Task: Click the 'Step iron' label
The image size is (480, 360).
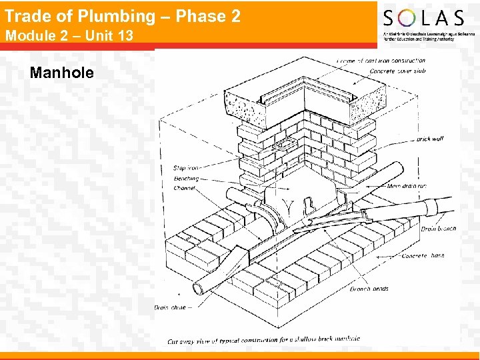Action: pos(185,169)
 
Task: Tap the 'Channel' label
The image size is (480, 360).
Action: pos(185,189)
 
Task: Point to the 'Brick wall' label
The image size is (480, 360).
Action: pos(429,139)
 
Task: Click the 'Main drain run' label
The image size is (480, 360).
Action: pos(407,186)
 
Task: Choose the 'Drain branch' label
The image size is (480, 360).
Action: pos(438,229)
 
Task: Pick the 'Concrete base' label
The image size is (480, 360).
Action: pos(423,256)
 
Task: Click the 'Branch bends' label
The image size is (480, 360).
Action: pos(369,289)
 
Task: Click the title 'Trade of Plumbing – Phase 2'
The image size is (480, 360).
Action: pos(123,16)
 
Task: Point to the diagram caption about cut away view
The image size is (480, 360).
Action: pos(264,340)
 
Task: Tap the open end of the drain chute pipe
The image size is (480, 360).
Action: pos(198,289)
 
